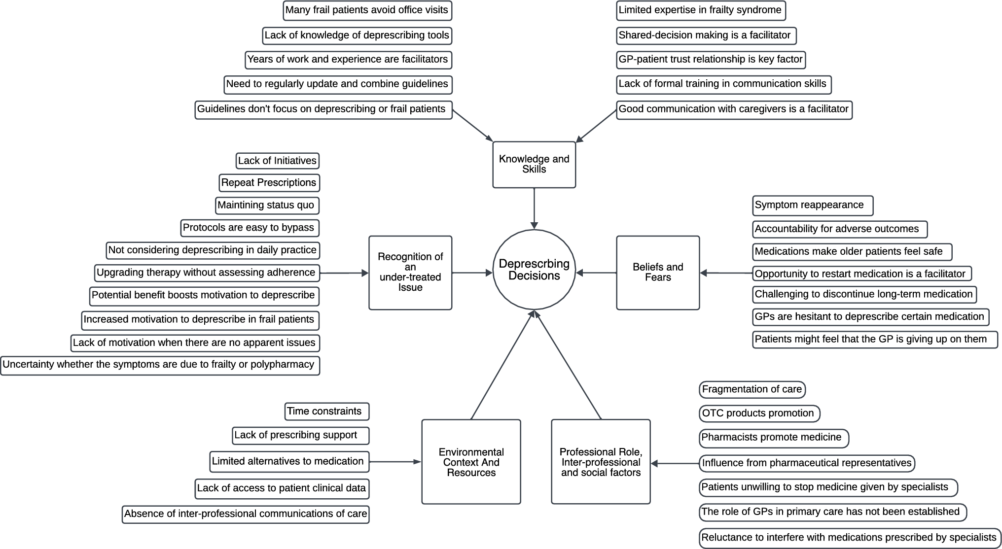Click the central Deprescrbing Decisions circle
[x=534, y=270]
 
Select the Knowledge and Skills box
[x=534, y=164]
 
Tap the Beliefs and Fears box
[x=658, y=272]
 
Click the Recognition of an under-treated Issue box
[x=410, y=272]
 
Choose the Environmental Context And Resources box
[x=471, y=462]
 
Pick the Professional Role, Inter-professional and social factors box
[x=601, y=462]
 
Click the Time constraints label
[x=326, y=412]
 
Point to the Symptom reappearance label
[x=812, y=206]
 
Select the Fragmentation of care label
[x=752, y=389]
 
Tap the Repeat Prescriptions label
[x=269, y=183]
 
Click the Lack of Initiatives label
[x=277, y=161]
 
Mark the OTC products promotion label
[x=759, y=413]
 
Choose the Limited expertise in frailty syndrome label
[x=701, y=10]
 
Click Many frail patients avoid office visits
[x=367, y=10]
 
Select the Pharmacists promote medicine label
[x=773, y=438]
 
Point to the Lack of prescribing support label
[x=300, y=435]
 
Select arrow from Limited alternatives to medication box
[x=394, y=462]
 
